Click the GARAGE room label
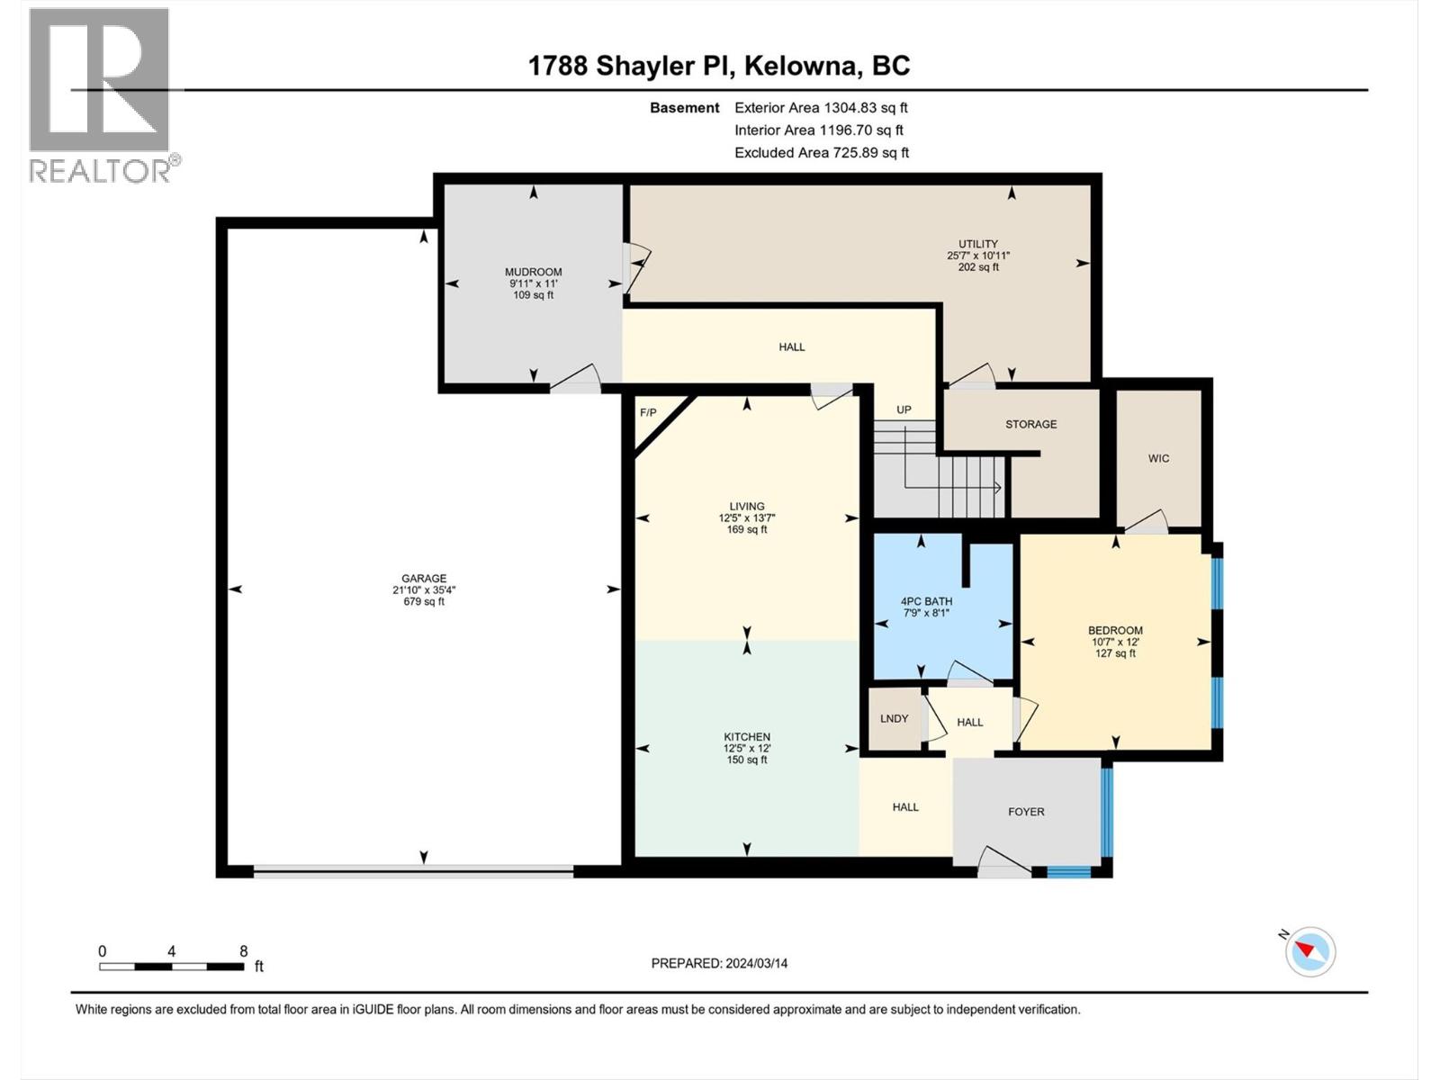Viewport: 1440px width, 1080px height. (x=424, y=579)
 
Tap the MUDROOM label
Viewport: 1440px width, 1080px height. (x=533, y=272)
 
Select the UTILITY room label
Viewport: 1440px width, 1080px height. (x=977, y=244)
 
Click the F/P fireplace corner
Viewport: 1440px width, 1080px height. (x=648, y=413)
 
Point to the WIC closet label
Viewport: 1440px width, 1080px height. (x=1158, y=458)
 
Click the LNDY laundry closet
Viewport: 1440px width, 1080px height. (x=894, y=718)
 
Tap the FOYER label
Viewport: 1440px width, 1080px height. (x=1026, y=811)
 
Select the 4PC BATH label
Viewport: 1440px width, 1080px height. (x=926, y=601)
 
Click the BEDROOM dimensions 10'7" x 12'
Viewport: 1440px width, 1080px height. (x=1115, y=642)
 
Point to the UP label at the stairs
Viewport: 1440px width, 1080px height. (x=904, y=409)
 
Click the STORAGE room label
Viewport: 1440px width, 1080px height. (x=1030, y=424)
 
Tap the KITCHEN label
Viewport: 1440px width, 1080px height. (x=747, y=736)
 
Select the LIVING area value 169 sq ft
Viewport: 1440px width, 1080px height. (x=747, y=530)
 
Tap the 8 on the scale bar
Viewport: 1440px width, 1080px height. (x=243, y=951)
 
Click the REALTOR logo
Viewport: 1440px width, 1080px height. (x=100, y=94)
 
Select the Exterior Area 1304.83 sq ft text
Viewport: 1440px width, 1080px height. (x=821, y=107)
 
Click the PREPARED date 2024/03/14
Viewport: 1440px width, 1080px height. (x=719, y=963)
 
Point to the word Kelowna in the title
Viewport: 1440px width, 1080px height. (x=799, y=66)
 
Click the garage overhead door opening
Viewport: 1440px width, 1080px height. (x=414, y=871)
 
